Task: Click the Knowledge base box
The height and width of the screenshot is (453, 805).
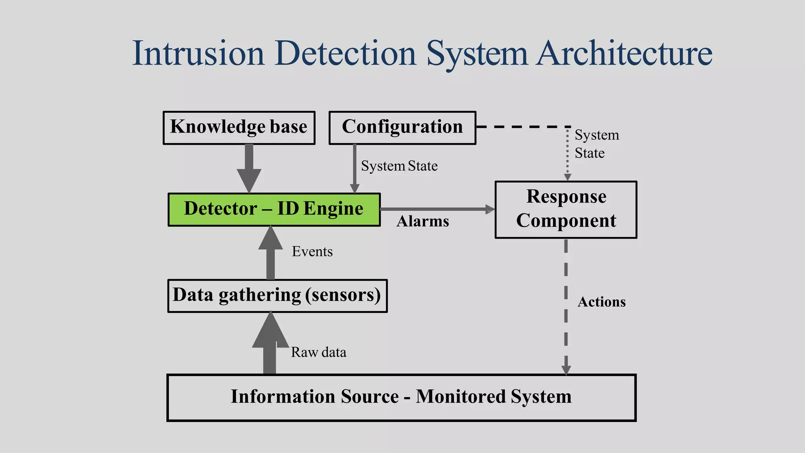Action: point(239,128)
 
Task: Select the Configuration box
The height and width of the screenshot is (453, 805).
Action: point(402,128)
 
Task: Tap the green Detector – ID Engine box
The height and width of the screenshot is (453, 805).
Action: point(274,210)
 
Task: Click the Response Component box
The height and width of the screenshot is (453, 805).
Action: point(566,210)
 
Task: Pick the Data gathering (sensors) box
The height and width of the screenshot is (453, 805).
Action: point(277,296)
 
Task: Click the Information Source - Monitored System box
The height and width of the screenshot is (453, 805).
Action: point(401,398)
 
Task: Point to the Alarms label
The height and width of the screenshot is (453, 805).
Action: point(423,221)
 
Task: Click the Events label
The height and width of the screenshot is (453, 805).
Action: point(312,252)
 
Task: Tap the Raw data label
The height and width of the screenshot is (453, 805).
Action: point(318,352)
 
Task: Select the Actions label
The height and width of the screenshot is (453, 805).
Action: point(601,302)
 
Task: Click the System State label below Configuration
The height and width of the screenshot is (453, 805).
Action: point(399,166)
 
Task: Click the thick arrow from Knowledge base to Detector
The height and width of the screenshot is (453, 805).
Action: point(249,167)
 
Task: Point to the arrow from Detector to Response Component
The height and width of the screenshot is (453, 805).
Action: point(436,209)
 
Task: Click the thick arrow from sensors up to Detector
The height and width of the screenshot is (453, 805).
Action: point(270,254)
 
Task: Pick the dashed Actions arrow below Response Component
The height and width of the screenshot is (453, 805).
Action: point(566,307)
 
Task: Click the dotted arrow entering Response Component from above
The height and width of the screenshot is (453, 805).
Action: point(567,153)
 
